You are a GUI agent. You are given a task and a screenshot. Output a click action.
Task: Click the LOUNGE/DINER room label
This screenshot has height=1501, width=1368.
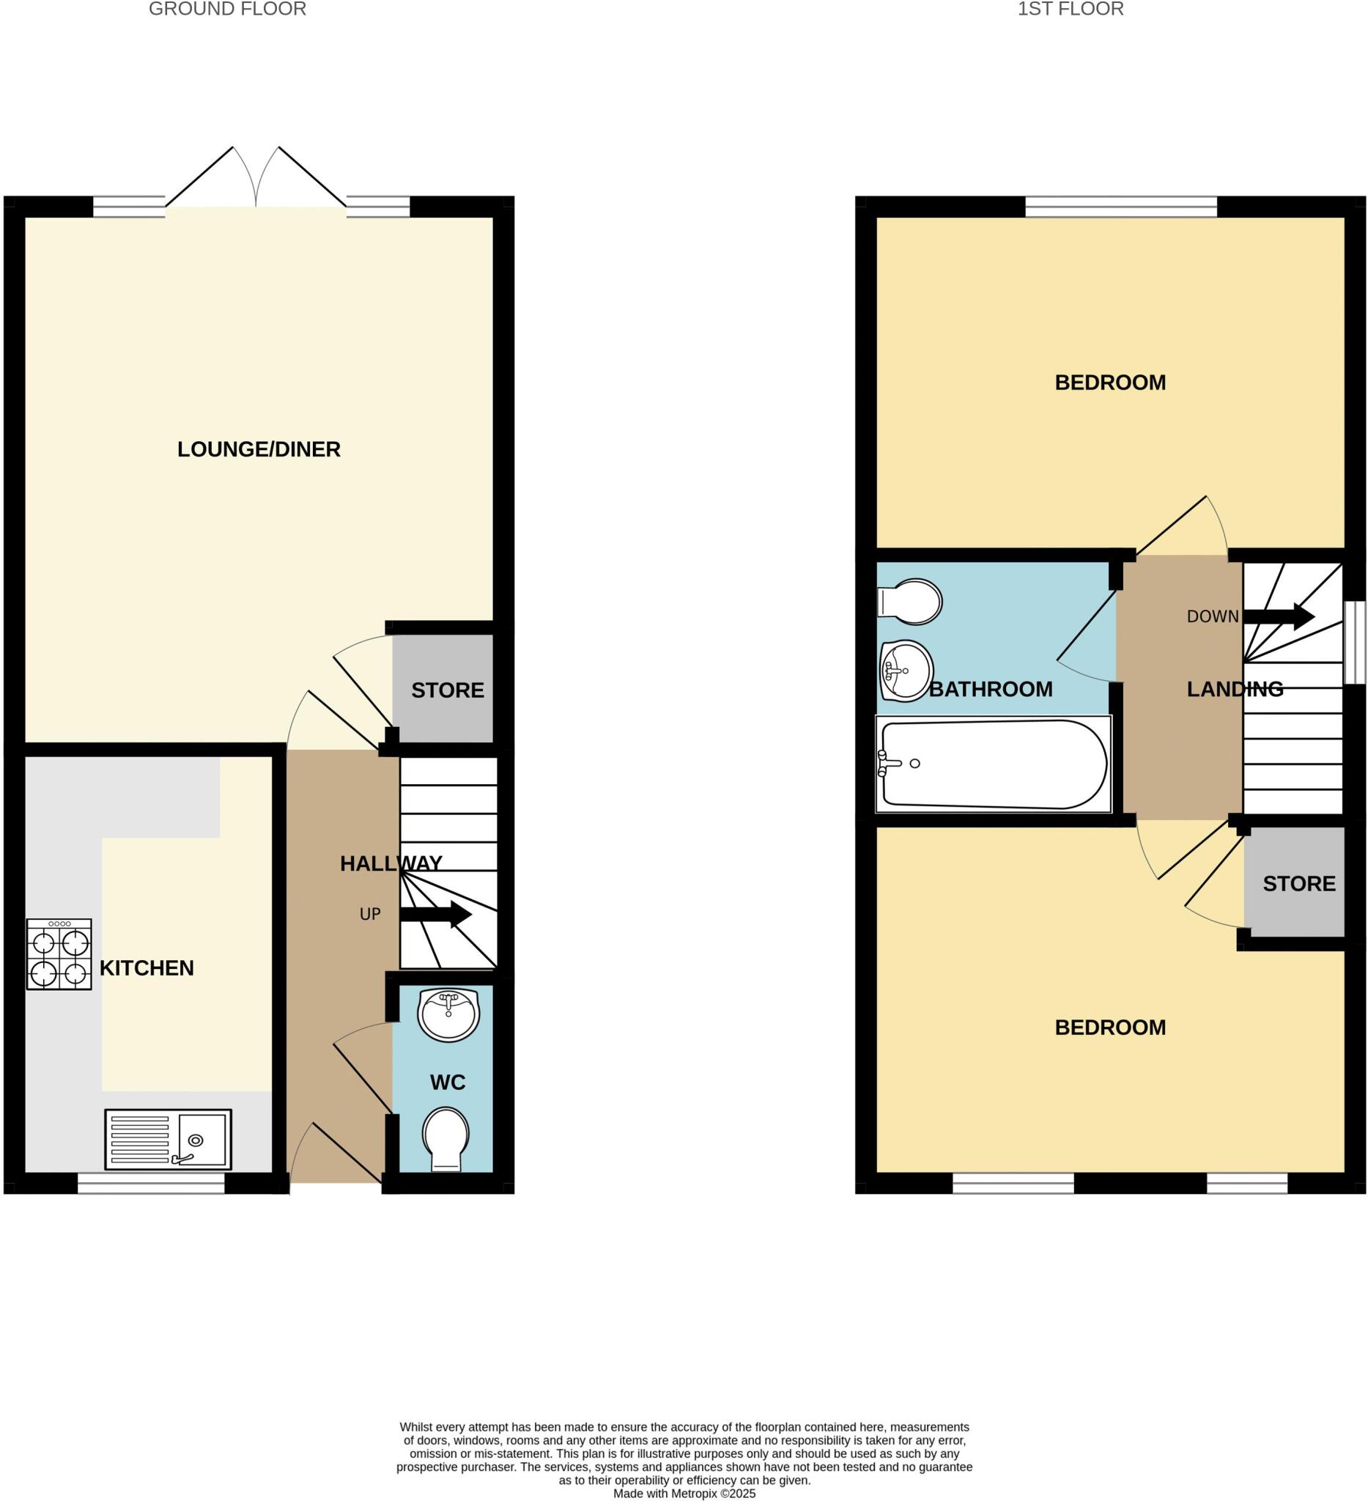(258, 449)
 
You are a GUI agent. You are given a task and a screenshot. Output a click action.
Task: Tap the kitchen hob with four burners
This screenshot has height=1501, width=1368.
(59, 954)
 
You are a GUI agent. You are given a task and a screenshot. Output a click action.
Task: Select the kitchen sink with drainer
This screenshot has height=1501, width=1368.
(169, 1139)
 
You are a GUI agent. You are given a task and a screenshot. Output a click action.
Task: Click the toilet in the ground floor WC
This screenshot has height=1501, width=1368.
(445, 1138)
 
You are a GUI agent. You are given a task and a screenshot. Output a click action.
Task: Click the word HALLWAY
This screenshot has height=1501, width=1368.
(391, 863)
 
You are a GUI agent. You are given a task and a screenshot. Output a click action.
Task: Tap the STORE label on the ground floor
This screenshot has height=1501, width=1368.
(447, 690)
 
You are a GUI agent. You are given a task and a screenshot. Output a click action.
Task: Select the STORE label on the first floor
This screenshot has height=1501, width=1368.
(1299, 884)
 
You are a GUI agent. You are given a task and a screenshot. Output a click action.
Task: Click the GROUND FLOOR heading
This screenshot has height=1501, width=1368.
(227, 9)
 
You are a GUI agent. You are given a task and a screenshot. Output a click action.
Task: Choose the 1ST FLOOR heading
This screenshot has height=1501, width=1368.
(1071, 9)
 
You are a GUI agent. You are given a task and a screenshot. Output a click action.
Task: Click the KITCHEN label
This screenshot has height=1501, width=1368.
(147, 968)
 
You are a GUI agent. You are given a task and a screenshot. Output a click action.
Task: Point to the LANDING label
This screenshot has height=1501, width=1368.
(1235, 690)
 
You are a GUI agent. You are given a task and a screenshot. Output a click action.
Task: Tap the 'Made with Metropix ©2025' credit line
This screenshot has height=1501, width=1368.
(684, 1494)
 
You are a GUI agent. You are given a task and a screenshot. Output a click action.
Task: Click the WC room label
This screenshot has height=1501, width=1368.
(447, 1082)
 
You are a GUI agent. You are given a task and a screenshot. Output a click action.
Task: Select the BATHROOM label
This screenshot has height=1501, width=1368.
(991, 690)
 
